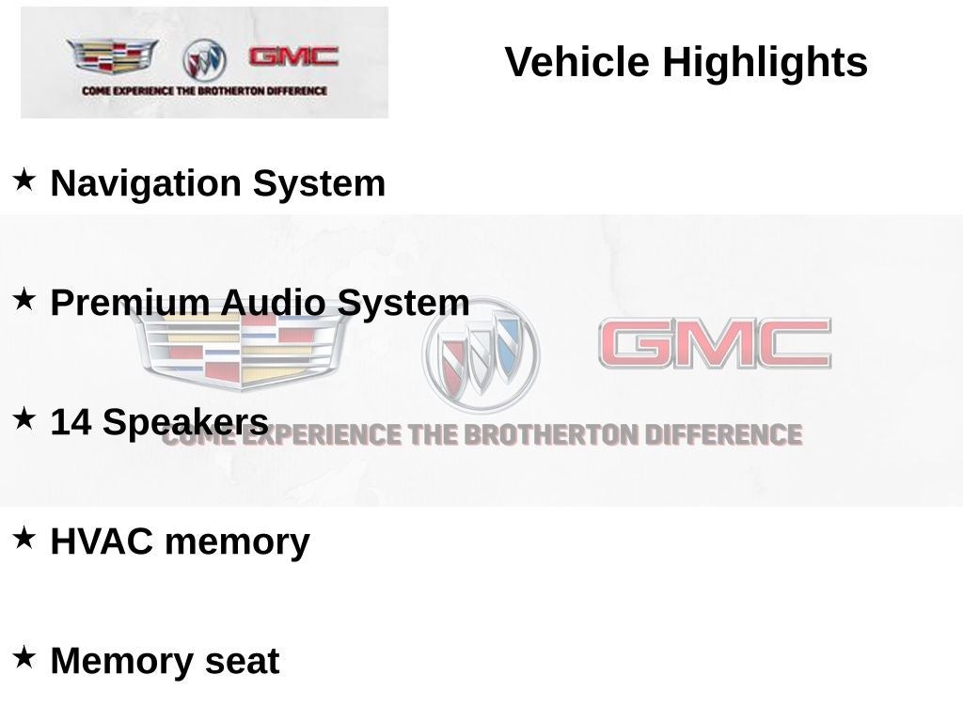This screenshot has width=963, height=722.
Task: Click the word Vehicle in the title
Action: [x=577, y=61]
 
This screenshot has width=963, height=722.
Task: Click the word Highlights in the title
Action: [x=765, y=63]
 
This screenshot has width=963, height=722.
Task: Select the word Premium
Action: [x=130, y=303]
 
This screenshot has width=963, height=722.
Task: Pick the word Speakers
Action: [x=185, y=423]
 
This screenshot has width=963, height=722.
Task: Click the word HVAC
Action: [x=102, y=541]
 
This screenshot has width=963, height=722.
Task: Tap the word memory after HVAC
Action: [x=237, y=542]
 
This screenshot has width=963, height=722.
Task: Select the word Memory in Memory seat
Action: [x=122, y=661]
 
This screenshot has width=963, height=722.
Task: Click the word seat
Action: [x=242, y=662]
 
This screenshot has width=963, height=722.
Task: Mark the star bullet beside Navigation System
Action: [x=24, y=180]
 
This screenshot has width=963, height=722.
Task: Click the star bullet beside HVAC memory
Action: [x=24, y=538]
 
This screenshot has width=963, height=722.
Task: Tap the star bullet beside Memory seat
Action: [x=24, y=657]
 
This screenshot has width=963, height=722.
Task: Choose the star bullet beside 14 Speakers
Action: [x=24, y=418]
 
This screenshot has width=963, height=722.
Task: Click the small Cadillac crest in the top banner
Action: [x=112, y=56]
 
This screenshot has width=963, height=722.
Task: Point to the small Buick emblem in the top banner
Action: [x=204, y=60]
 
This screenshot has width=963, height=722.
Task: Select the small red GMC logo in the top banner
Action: [x=293, y=56]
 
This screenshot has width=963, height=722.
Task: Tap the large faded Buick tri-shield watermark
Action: [x=481, y=354]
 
